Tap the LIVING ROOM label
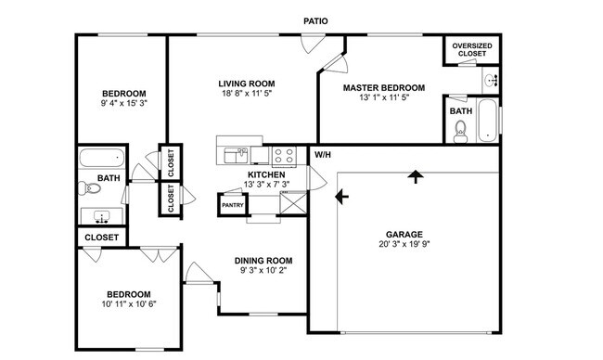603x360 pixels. point(246,83)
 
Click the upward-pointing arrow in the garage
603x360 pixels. point(415,176)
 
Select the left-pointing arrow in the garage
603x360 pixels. point(342,196)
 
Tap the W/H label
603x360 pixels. point(322,154)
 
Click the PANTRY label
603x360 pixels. point(232,204)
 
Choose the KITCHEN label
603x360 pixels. point(265,174)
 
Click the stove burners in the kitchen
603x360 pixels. point(283,155)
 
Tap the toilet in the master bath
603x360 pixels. point(460,132)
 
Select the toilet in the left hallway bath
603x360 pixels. point(91,188)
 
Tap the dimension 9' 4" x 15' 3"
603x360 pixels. point(123,105)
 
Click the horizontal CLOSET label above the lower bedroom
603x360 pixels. point(101,238)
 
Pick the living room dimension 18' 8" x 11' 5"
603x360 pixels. point(246,95)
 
